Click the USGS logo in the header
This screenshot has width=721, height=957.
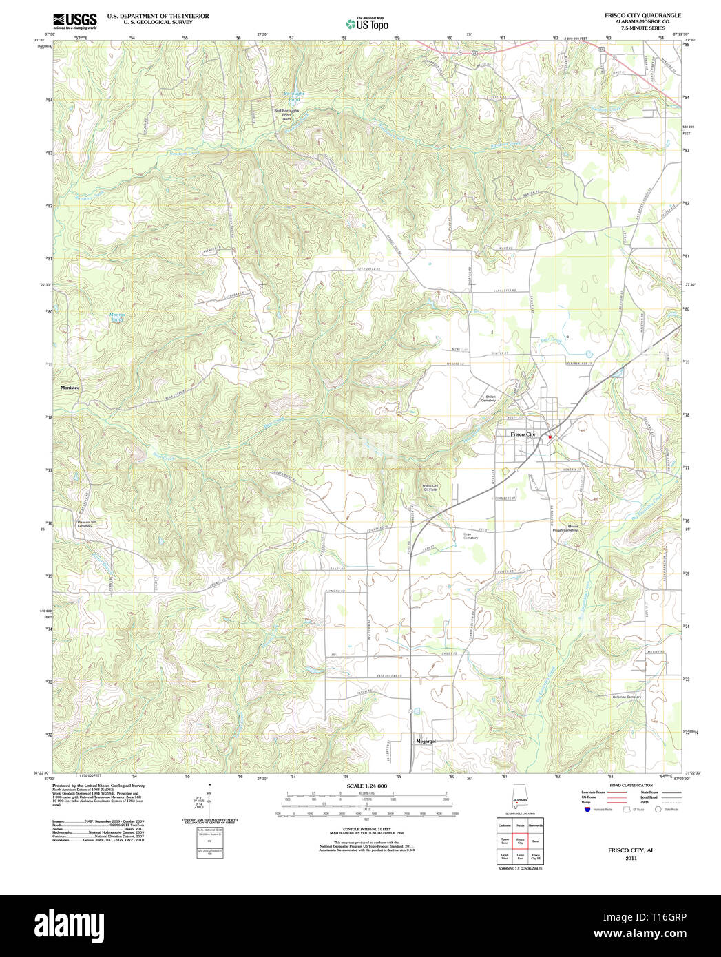74,21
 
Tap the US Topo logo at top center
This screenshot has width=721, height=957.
367,23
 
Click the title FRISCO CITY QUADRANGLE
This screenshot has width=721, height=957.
642,15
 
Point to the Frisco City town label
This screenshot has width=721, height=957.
523,434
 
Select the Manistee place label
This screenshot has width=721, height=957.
70,388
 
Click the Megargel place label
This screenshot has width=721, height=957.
426,741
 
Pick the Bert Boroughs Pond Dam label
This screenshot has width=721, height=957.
287,114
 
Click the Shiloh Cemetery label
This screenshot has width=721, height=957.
490,399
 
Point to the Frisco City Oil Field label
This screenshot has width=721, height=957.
430,487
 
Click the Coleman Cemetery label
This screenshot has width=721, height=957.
626,697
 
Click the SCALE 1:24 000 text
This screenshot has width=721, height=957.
366,786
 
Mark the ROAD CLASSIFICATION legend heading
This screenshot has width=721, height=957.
626,786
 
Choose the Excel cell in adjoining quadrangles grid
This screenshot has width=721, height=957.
535,841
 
